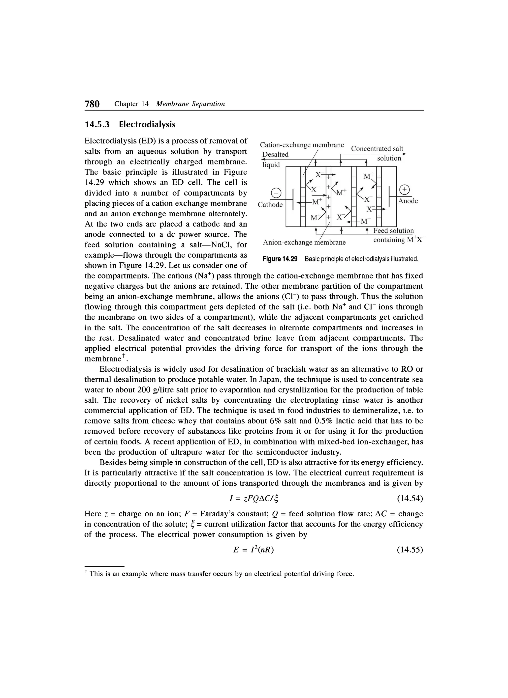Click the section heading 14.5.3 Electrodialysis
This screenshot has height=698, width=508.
click(130, 124)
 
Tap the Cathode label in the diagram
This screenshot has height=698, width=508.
click(270, 205)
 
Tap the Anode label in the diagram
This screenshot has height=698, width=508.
click(408, 201)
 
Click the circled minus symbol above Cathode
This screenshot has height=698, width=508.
click(276, 193)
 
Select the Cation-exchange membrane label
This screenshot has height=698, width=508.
click(302, 145)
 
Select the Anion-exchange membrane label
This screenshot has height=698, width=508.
click(304, 243)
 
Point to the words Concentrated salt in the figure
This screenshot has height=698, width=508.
click(377, 149)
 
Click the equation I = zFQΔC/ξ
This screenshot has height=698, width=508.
click(254, 498)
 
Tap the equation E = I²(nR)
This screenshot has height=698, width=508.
click(254, 550)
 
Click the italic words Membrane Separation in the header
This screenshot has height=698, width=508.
click(190, 104)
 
